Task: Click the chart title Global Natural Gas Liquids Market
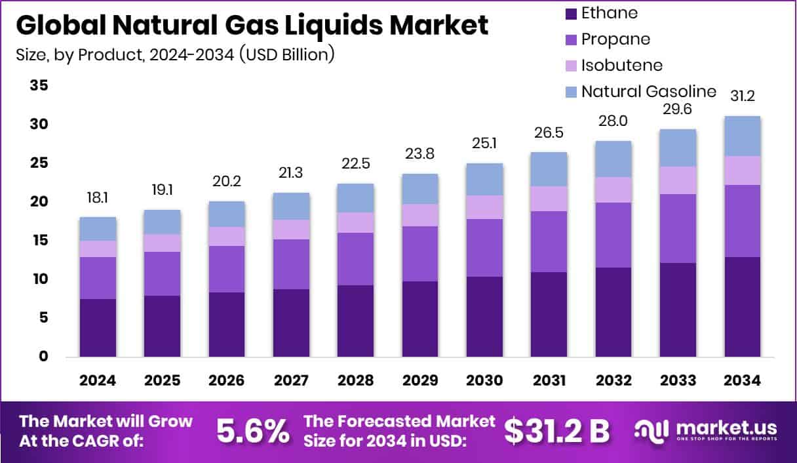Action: [252, 25]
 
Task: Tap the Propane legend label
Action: [615, 39]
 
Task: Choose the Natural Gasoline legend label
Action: [648, 91]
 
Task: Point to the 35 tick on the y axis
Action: [39, 85]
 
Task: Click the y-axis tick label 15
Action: [39, 241]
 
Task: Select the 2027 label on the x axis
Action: [291, 381]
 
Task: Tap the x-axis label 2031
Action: [549, 381]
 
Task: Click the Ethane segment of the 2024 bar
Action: [98, 327]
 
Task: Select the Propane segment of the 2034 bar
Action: [742, 221]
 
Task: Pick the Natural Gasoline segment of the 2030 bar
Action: [484, 179]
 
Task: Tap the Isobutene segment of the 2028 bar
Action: [355, 222]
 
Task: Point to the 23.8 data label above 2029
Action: [420, 154]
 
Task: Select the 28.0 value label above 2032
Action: [613, 122]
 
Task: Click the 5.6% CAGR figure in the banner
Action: [254, 431]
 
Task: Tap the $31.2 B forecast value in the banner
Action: [556, 431]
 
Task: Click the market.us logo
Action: [705, 431]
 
